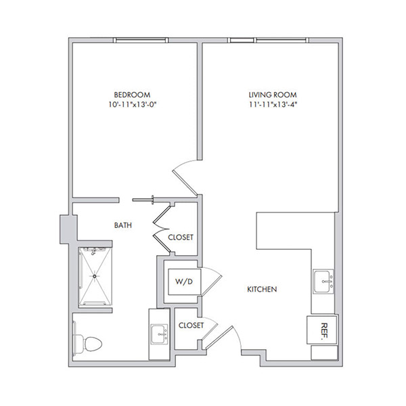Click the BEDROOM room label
pyautogui.click(x=132, y=95)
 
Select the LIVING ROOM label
pyautogui.click(x=273, y=95)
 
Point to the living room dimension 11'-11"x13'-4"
pyautogui.click(x=273, y=105)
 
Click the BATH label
pyautogui.click(x=123, y=225)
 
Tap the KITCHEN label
pyautogui.click(x=262, y=289)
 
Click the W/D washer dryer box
pyautogui.click(x=184, y=281)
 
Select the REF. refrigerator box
pyautogui.click(x=322, y=330)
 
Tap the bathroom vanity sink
pyautogui.click(x=159, y=334)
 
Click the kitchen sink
pyautogui.click(x=323, y=281)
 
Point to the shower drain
pyautogui.click(x=95, y=276)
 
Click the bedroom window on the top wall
pyautogui.click(x=141, y=40)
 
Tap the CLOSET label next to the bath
pyautogui.click(x=181, y=238)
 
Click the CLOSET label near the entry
pyautogui.click(x=191, y=325)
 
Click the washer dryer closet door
pyautogui.click(x=212, y=281)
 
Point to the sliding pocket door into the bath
pyautogui.click(x=143, y=200)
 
